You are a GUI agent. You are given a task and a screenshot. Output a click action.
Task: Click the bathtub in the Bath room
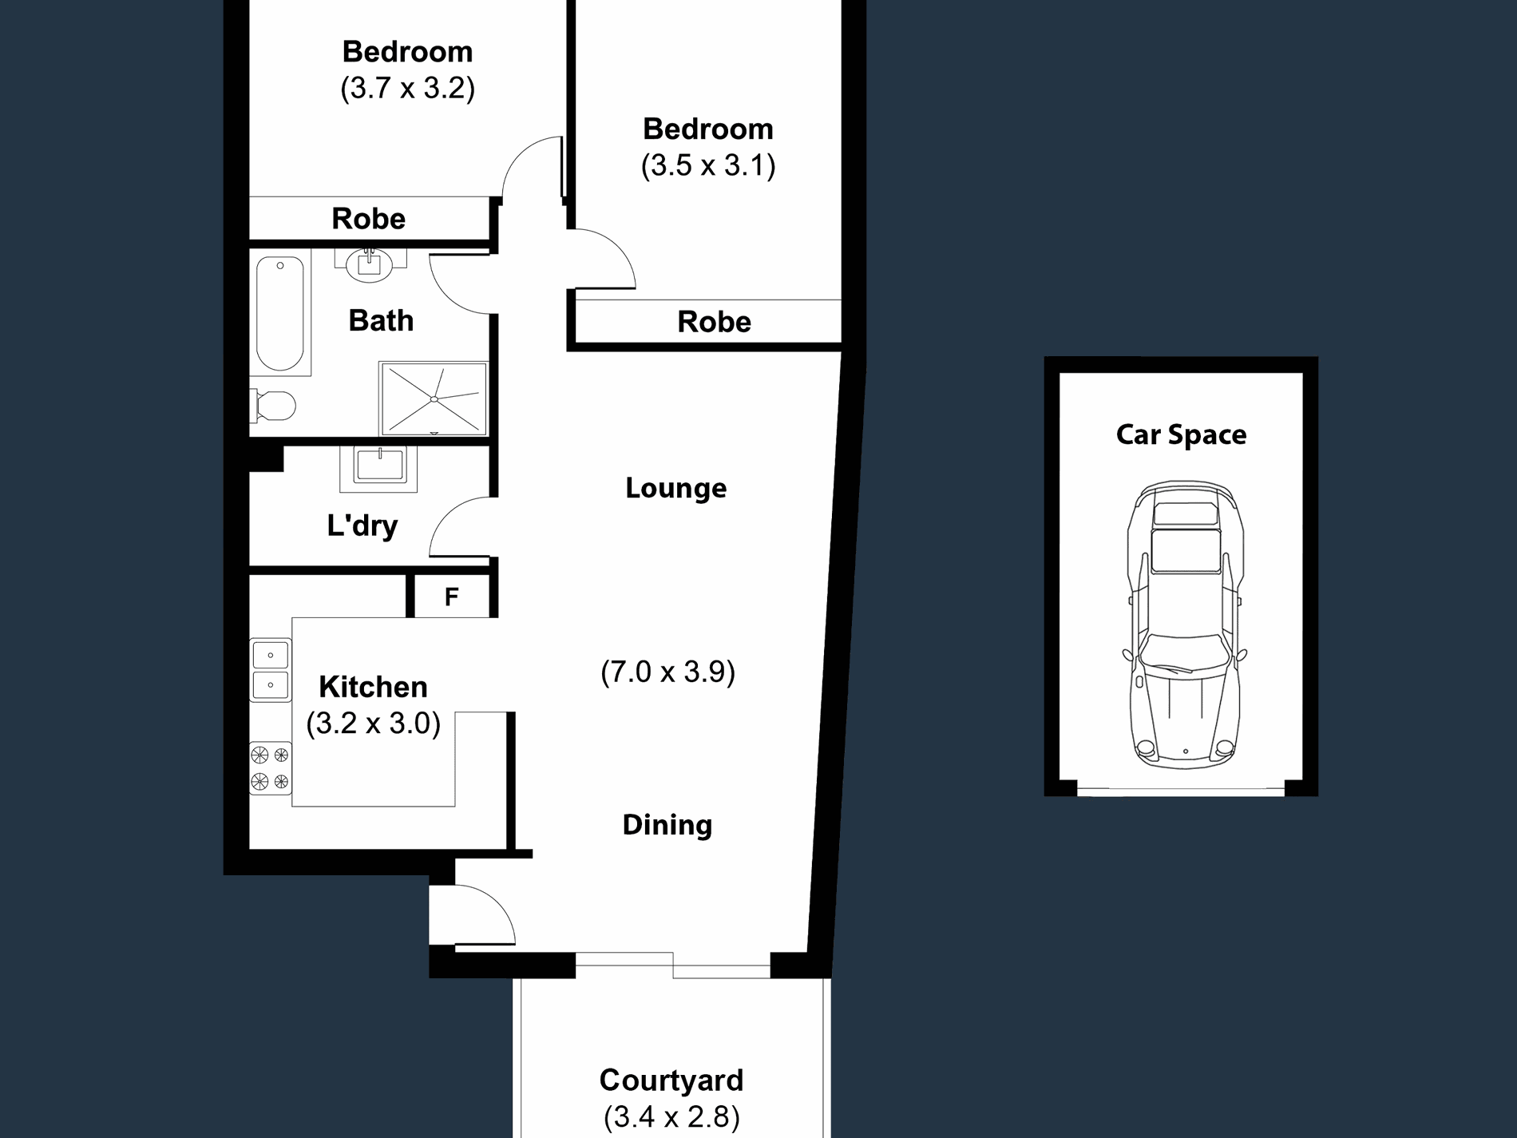(x=279, y=313)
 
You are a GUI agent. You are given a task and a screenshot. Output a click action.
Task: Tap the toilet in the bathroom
(x=272, y=406)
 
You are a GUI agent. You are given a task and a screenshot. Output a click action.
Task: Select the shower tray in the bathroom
(x=434, y=398)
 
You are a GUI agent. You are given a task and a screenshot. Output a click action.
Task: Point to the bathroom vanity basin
(x=369, y=264)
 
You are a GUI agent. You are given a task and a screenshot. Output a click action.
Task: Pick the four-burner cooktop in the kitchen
(x=271, y=767)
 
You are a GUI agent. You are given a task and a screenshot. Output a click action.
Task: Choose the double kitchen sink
(x=271, y=670)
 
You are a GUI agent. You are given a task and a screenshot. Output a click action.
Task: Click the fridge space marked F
(x=451, y=596)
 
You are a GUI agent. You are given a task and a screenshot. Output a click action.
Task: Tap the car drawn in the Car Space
(x=1186, y=625)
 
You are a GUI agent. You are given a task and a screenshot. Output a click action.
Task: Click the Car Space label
(x=1181, y=435)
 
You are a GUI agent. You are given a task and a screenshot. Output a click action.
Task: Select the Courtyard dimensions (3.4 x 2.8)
(x=671, y=1116)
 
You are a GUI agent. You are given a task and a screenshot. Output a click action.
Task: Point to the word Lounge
(x=675, y=488)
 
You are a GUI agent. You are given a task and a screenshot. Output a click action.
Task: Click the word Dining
(x=667, y=825)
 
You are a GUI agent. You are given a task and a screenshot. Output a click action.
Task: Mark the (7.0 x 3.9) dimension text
(x=667, y=672)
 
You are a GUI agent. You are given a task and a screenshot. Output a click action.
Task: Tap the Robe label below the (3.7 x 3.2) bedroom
(x=368, y=218)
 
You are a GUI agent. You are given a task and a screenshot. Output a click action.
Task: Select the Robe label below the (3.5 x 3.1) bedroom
(x=714, y=322)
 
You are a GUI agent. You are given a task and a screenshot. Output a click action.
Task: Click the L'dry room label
(x=362, y=525)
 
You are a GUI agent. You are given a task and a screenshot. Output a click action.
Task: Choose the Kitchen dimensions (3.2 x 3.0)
(x=373, y=724)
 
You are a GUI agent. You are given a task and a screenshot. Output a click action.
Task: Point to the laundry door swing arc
(x=447, y=515)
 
